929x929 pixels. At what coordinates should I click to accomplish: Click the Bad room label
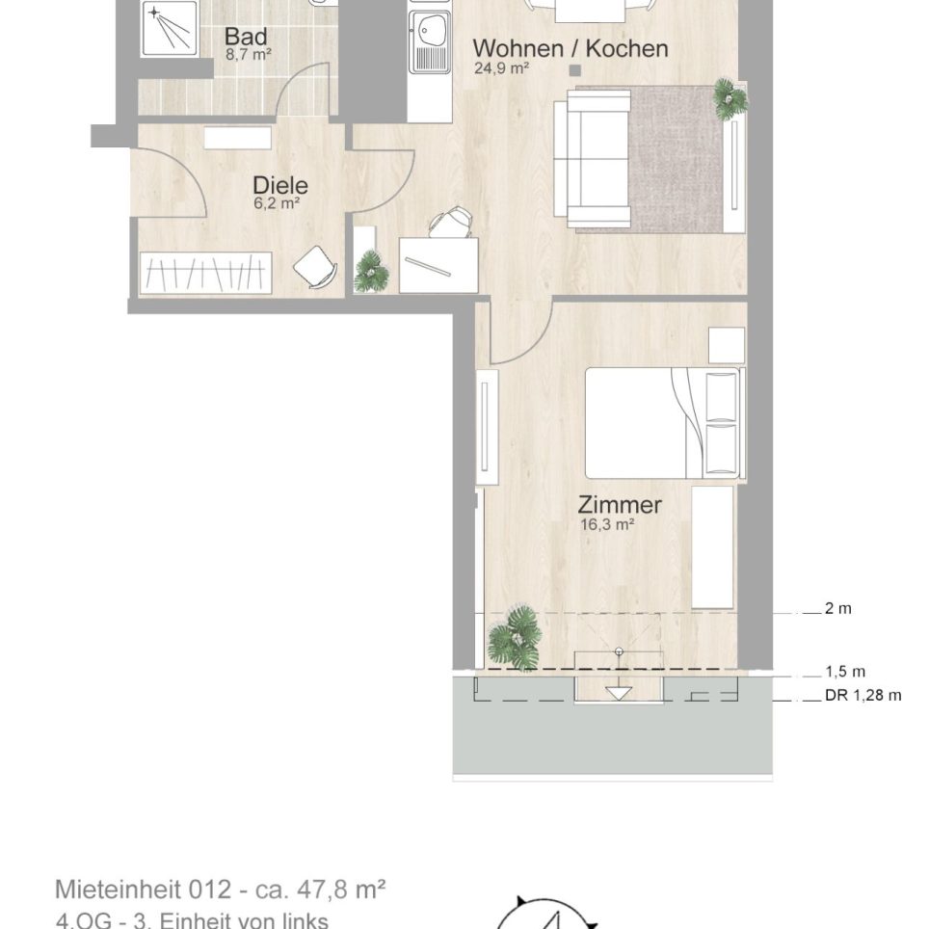click(x=246, y=37)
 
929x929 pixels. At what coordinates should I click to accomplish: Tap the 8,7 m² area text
click(x=249, y=55)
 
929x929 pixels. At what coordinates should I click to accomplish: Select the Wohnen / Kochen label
click(x=571, y=48)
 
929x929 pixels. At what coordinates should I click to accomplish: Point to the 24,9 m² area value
click(x=501, y=68)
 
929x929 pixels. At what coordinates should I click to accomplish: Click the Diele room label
click(x=280, y=185)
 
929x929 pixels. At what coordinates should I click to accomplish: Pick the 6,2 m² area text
click(x=277, y=203)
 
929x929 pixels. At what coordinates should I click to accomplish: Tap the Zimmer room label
click(x=620, y=505)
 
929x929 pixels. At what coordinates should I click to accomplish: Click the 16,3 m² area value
click(x=608, y=524)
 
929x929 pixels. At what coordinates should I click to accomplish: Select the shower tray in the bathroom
click(x=170, y=28)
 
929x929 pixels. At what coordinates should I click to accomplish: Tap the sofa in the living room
click(x=592, y=158)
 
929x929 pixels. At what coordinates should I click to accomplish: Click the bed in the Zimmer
click(x=664, y=423)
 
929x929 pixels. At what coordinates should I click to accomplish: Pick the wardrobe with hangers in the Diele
click(x=205, y=273)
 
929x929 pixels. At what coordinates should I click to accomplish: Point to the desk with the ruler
click(x=438, y=265)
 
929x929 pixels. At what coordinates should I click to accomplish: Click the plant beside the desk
click(x=371, y=272)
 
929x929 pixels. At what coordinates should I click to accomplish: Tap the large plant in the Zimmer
click(x=515, y=637)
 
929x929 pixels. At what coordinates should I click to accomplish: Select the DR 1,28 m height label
click(x=863, y=695)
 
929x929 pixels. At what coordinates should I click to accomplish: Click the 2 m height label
click(x=838, y=608)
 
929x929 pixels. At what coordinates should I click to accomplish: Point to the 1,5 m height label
click(x=845, y=672)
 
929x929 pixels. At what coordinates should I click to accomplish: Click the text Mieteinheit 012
click(x=143, y=889)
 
